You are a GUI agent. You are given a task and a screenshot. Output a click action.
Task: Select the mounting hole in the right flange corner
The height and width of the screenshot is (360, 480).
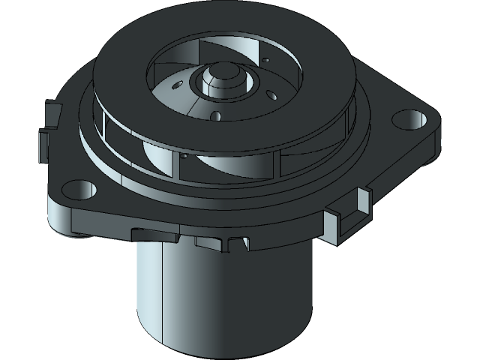406,118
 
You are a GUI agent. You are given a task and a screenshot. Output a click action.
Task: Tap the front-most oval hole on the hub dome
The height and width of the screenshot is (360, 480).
217,115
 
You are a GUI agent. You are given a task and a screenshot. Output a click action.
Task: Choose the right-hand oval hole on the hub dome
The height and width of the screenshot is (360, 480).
268,94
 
